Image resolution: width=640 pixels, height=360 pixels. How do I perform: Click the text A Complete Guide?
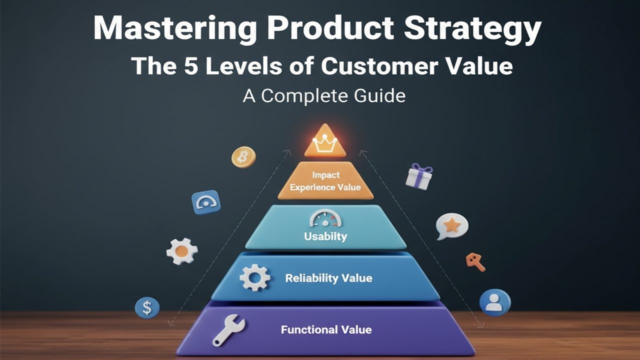(x=324, y=95)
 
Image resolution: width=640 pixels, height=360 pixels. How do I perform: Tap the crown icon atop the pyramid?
(x=325, y=142)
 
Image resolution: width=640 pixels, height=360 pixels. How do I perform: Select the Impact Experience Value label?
(x=325, y=181)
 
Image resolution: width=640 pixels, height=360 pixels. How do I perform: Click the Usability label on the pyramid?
(x=325, y=236)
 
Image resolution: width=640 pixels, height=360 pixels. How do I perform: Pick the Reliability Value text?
(x=328, y=278)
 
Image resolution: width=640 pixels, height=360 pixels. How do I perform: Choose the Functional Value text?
(x=326, y=329)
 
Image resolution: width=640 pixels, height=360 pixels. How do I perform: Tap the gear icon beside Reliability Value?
(x=255, y=278)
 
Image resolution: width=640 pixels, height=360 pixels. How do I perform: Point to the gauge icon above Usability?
(x=325, y=219)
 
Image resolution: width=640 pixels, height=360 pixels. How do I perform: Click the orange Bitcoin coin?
(x=243, y=157)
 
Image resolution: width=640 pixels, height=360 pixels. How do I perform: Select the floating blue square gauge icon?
(x=206, y=202)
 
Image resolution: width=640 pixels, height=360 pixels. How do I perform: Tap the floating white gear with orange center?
(x=181, y=251)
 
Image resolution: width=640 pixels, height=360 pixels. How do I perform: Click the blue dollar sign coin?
(x=147, y=307)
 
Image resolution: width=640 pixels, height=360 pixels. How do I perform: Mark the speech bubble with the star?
(x=451, y=226)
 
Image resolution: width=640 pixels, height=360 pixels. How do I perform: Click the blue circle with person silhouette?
(x=494, y=302)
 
